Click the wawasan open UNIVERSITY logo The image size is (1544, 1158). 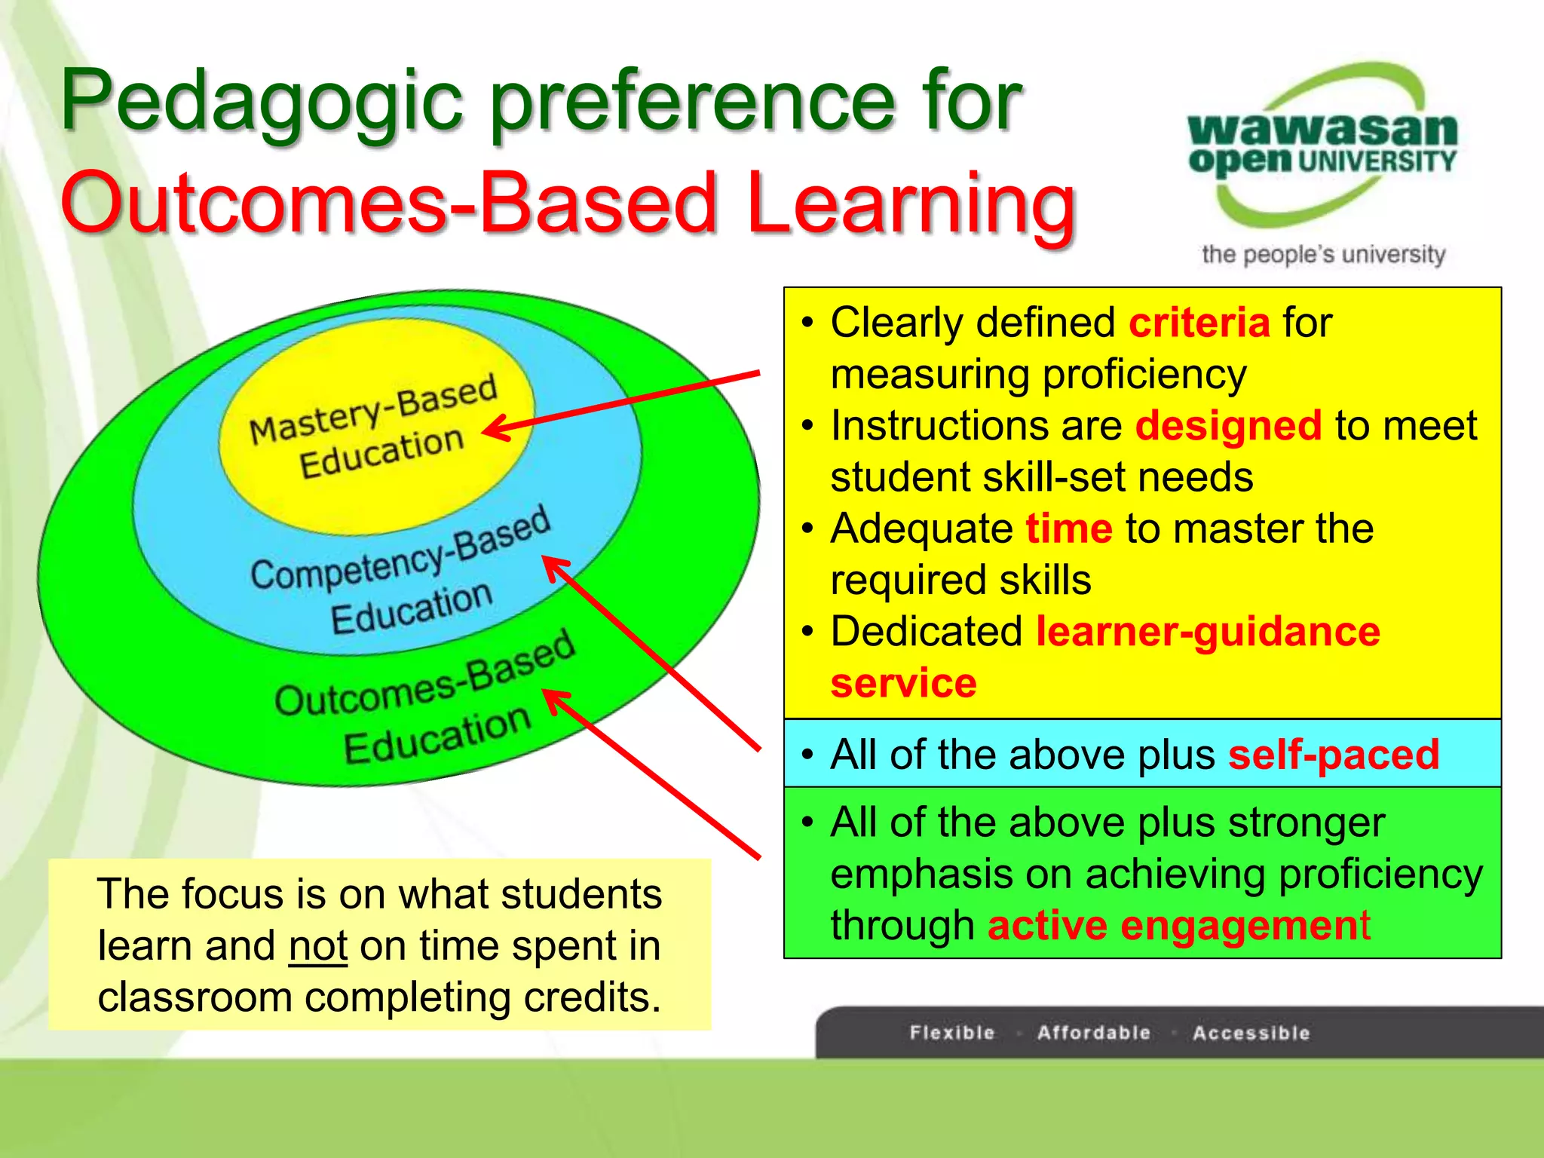pyautogui.click(x=1322, y=143)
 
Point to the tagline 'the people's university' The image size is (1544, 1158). pyautogui.click(x=1323, y=255)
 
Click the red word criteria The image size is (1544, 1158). pyautogui.click(x=1199, y=323)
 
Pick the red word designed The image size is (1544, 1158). pyautogui.click(x=1228, y=425)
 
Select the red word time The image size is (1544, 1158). pyautogui.click(x=1068, y=528)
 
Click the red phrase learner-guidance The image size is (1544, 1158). pyautogui.click(x=1208, y=632)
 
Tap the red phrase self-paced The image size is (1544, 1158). pyautogui.click(x=1333, y=754)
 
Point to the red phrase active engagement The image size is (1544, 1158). pyautogui.click(x=1178, y=926)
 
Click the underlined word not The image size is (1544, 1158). pyautogui.click(x=317, y=946)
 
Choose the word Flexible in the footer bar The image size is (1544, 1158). pyautogui.click(x=951, y=1033)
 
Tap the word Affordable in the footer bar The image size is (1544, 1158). pyautogui.click(x=1093, y=1033)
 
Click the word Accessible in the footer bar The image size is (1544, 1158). pyautogui.click(x=1251, y=1033)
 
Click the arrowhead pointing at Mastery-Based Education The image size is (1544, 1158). pyautogui.click(x=494, y=430)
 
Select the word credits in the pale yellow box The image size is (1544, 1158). pyautogui.click(x=592, y=997)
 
